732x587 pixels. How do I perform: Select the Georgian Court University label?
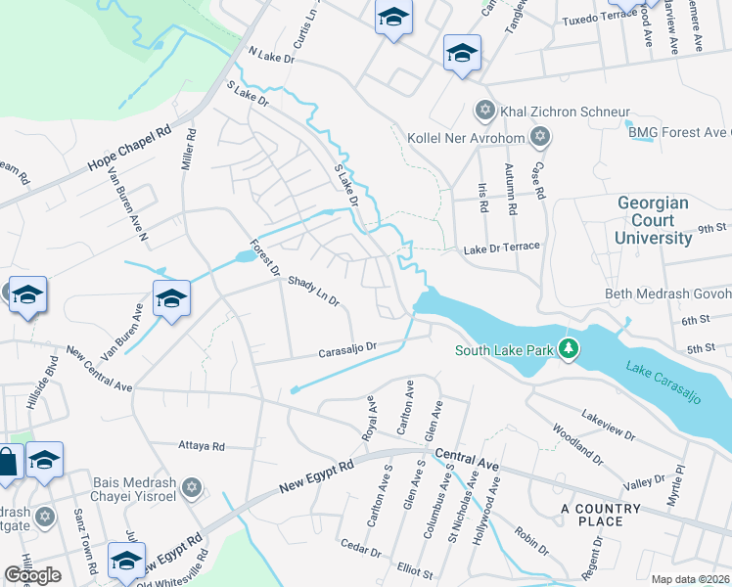click(x=653, y=220)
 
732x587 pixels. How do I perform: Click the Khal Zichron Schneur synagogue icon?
click(x=483, y=111)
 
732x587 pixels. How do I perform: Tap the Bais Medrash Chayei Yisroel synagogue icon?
click(x=193, y=486)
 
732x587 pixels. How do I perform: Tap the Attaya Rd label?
click(x=203, y=446)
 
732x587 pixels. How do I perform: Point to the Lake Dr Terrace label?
click(x=502, y=247)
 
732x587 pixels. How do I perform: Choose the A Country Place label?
click(x=601, y=515)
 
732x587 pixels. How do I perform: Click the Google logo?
click(x=32, y=575)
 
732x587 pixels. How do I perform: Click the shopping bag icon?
click(x=6, y=463)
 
